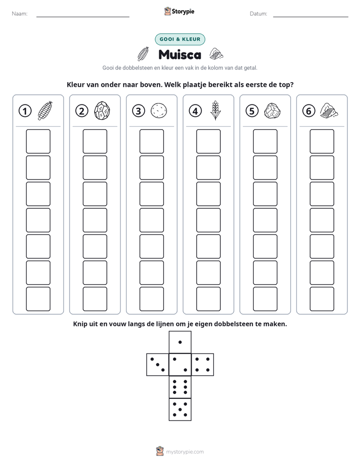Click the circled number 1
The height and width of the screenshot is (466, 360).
point(25,111)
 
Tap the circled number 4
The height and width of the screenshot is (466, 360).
point(195,111)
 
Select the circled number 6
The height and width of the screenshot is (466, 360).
point(309,111)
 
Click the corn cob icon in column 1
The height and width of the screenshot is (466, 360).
point(45,110)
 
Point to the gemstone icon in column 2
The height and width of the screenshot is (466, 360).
point(102,111)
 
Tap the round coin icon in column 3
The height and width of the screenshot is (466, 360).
point(159,111)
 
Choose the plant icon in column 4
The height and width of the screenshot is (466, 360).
point(215,110)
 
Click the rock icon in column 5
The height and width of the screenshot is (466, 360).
point(272,111)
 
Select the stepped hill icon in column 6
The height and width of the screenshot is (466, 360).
point(329,110)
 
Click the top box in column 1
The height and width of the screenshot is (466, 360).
point(38,141)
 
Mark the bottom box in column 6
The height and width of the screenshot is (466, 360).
point(322,299)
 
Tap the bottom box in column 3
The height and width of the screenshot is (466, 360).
point(151,299)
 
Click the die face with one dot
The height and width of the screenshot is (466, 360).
point(180,342)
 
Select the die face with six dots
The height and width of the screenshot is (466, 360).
point(180,387)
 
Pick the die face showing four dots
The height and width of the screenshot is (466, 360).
point(203,365)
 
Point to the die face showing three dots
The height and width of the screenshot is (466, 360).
point(158,365)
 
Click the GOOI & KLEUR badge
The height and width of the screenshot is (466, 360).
point(180,39)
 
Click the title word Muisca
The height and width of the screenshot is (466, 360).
point(180,54)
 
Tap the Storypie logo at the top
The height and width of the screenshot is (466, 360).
point(179,11)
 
